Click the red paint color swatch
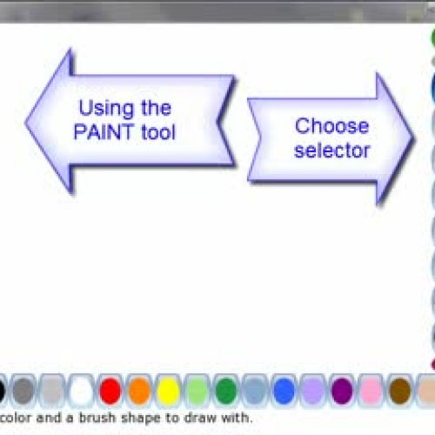point(110,391)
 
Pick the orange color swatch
point(139,391)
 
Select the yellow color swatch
point(168,391)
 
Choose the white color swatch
point(81,391)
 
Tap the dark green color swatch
point(226,391)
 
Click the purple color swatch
point(342,391)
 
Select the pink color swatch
point(371,391)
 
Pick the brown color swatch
point(400,391)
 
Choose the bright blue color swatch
point(284,391)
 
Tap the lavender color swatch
point(313,391)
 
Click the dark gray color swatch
point(23,391)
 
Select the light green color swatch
point(197,391)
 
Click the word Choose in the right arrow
point(332,126)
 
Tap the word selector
point(332,151)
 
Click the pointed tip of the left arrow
point(28,119)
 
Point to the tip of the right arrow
point(412,137)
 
